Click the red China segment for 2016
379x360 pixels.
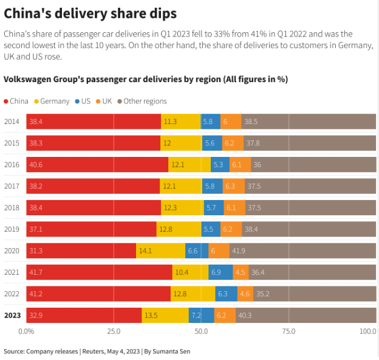(x=97, y=165)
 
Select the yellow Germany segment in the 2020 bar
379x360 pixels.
(x=160, y=251)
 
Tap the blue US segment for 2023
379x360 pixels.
(x=201, y=316)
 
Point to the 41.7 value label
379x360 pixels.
(x=37, y=272)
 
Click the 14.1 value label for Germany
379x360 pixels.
(x=146, y=251)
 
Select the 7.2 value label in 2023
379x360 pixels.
(x=196, y=316)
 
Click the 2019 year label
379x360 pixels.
(x=12, y=229)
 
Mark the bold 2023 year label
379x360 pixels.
(x=12, y=316)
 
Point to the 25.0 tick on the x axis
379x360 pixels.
(x=114, y=332)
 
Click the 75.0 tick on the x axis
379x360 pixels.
(x=289, y=332)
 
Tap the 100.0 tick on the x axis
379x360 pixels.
(x=368, y=332)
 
